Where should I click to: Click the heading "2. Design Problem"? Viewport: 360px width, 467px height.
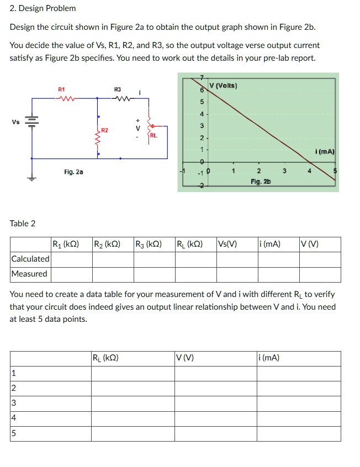click(43, 8)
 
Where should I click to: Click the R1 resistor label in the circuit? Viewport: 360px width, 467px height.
click(61, 89)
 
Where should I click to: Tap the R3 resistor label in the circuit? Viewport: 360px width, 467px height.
click(118, 89)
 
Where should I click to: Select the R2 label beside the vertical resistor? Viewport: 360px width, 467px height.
click(104, 130)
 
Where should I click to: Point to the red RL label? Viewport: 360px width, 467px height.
click(153, 134)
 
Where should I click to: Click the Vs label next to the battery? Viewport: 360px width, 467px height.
click(13, 121)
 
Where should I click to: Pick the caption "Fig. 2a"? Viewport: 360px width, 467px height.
click(73, 172)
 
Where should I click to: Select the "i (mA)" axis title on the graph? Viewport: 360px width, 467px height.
click(324, 151)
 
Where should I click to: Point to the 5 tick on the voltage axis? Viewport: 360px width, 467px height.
click(202, 102)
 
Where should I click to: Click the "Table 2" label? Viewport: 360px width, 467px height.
click(23, 224)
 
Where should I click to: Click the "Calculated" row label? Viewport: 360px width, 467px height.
click(30, 259)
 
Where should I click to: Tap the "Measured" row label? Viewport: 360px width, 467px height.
click(29, 274)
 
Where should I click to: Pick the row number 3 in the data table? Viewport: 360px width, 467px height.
click(14, 404)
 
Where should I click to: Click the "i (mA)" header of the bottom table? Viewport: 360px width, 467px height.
click(269, 358)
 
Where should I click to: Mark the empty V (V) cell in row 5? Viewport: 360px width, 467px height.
click(215, 433)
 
